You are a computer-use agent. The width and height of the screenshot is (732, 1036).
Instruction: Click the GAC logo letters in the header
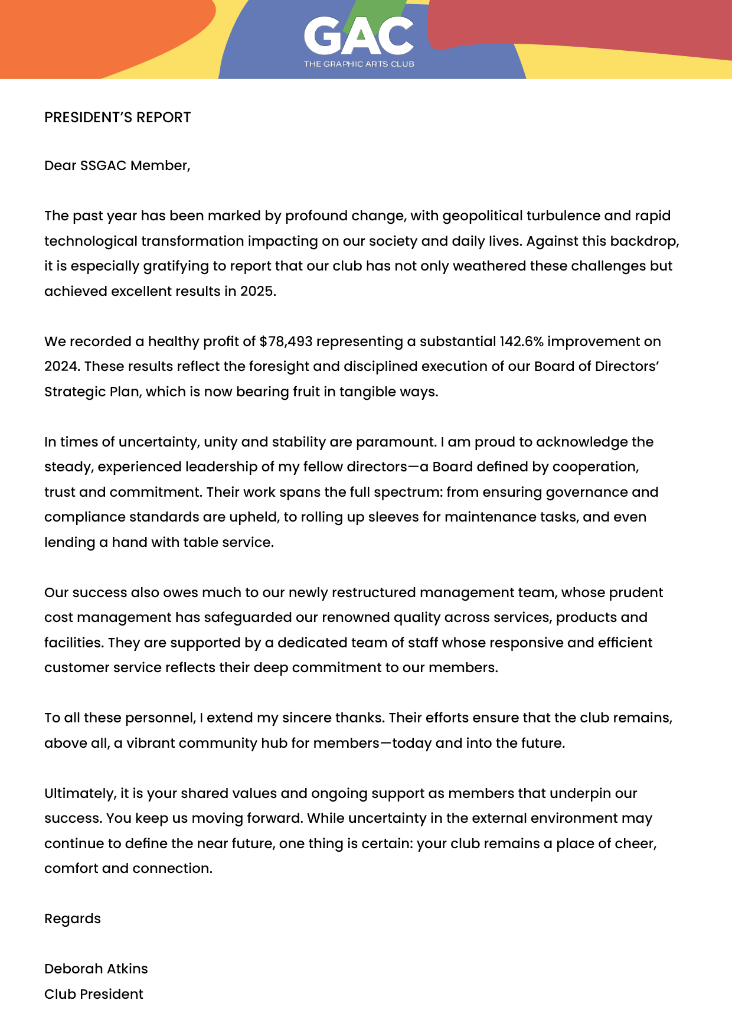coord(359,36)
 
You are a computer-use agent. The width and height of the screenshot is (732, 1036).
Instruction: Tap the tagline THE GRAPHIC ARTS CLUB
coord(359,64)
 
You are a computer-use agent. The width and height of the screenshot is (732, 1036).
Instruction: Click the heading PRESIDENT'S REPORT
coord(117,118)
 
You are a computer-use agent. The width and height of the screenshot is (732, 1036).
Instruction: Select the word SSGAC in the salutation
coord(103,165)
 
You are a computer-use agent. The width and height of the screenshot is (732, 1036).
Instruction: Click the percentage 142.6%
coord(521,341)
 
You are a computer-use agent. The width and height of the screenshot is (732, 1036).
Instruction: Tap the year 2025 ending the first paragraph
coord(257,291)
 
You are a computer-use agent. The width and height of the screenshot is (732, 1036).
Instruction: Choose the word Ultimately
coord(80,793)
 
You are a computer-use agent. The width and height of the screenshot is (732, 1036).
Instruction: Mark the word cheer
coord(639,843)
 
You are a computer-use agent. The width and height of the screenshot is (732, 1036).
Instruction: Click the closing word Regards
coord(73,919)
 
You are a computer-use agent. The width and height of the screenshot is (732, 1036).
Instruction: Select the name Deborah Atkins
coord(96,969)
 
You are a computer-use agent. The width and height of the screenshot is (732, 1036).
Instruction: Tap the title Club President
coord(94,994)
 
